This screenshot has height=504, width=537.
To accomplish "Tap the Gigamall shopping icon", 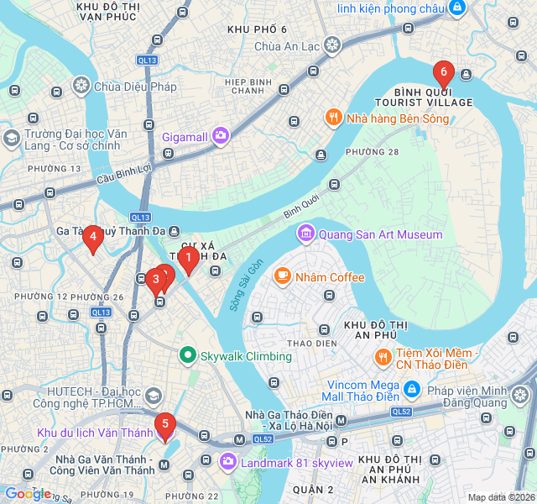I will [x=220, y=134].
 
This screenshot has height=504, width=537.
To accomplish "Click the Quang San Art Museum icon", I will [x=306, y=234].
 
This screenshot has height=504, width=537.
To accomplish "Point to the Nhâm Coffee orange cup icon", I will [x=283, y=276].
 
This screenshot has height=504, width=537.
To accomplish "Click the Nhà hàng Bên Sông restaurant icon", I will [x=334, y=118].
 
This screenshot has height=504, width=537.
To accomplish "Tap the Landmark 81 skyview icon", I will [x=227, y=462].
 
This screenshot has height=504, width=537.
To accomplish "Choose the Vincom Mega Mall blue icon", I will [x=412, y=389].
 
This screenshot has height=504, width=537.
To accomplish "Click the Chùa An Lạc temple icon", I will [x=333, y=45].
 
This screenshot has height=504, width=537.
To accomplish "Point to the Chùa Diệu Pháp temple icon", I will [x=81, y=85].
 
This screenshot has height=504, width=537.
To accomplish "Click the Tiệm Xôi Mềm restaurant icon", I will [x=383, y=356].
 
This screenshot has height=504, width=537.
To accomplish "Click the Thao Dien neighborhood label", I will [x=311, y=344].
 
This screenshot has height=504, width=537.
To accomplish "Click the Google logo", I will [x=28, y=494].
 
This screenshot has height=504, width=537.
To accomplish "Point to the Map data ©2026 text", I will [x=501, y=497].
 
